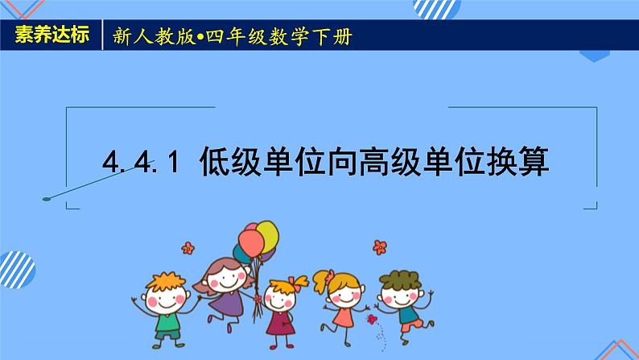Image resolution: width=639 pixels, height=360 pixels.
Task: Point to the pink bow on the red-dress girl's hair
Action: tap(299, 283)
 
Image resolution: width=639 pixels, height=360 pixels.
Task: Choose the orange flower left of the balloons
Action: tap(188, 247)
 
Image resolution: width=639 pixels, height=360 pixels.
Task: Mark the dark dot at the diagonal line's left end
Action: tap(46, 197)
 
